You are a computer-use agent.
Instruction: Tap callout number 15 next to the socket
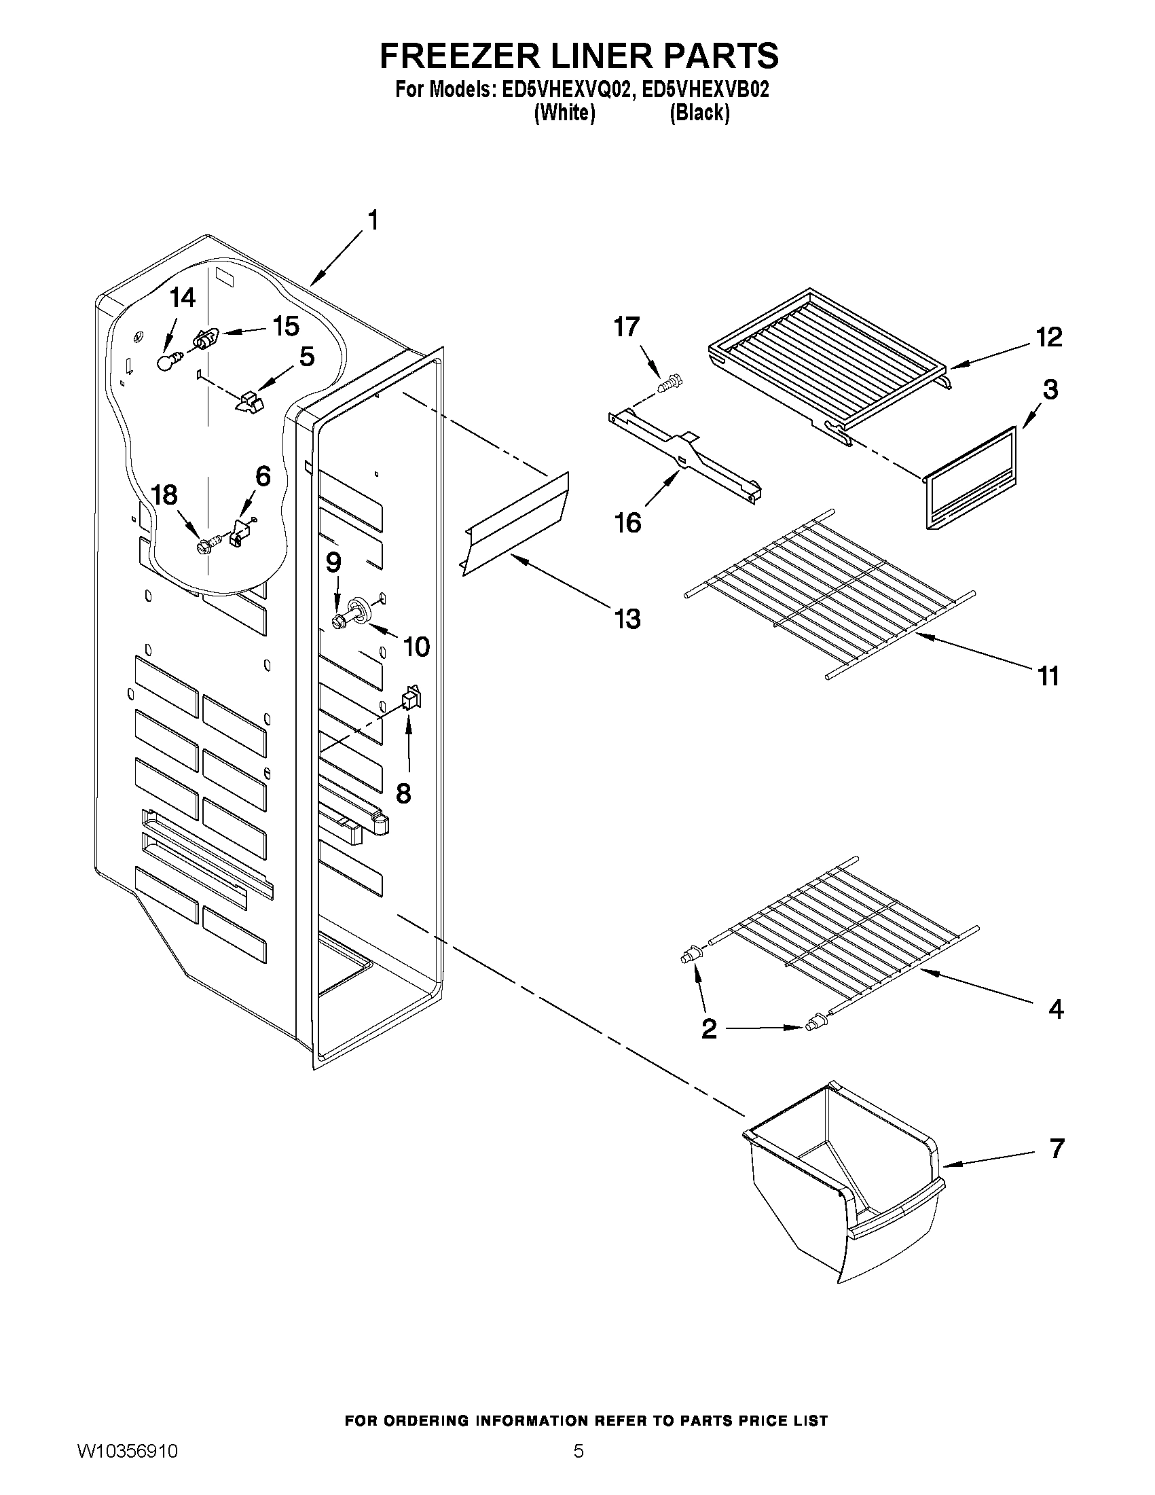click(285, 326)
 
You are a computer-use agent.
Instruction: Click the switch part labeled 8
click(410, 698)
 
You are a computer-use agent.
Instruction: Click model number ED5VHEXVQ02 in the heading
click(564, 90)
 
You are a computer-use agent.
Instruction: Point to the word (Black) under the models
click(699, 113)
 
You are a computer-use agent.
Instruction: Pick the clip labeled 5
click(249, 402)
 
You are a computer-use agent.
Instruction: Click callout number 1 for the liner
click(373, 221)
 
